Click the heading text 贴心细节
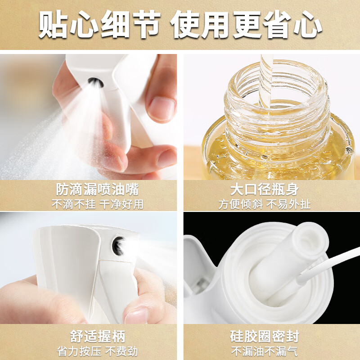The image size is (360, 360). click(99, 24)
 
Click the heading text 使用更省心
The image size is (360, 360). click(247, 24)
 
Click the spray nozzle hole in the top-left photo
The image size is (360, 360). click(94, 82)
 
